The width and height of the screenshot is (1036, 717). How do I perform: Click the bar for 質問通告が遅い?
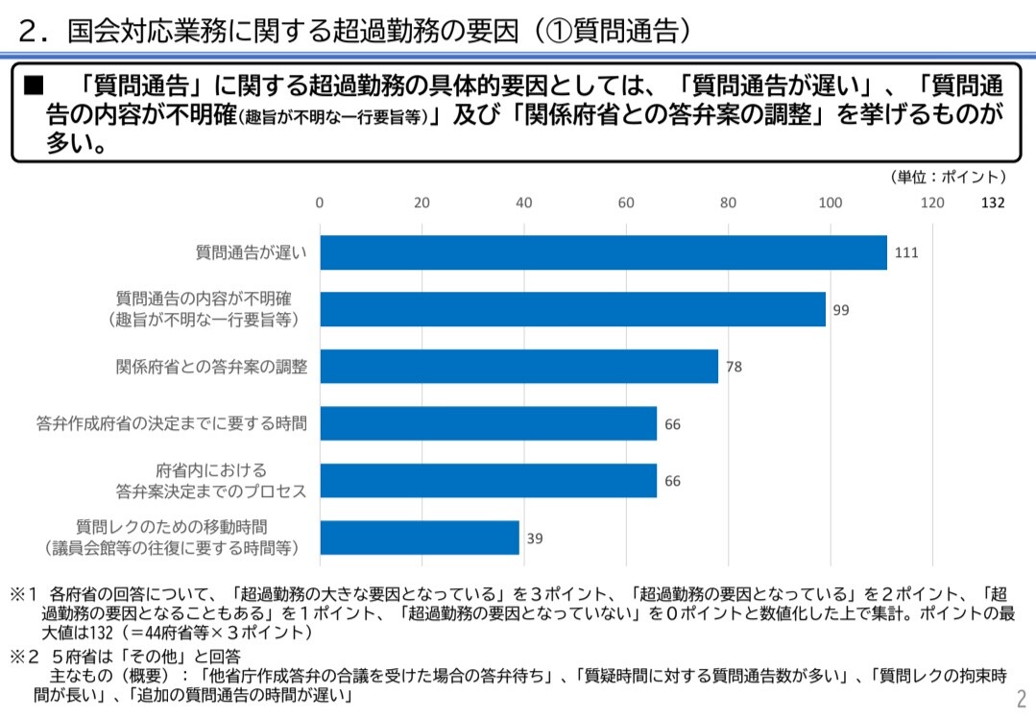tap(603, 252)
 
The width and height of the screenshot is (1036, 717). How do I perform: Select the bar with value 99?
tap(572, 309)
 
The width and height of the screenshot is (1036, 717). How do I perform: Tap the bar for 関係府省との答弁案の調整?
tap(518, 366)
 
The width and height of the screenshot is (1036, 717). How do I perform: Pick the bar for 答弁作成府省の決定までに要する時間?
tap(488, 422)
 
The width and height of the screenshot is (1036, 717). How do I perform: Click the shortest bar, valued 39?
tap(419, 538)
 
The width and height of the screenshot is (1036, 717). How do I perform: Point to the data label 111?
tap(907, 253)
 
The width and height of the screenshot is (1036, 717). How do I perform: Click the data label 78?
tap(734, 367)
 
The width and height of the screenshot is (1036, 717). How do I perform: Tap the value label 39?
tap(535, 538)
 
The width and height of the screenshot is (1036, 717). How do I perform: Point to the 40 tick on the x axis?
tap(523, 203)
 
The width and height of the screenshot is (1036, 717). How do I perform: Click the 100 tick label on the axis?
tap(830, 203)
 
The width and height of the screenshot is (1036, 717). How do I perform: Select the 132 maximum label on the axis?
tap(993, 203)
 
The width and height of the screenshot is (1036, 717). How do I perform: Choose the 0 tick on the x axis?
tap(320, 203)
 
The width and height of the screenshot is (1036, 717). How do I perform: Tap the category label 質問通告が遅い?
tap(252, 253)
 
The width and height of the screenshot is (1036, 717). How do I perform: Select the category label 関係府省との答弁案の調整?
tap(211, 367)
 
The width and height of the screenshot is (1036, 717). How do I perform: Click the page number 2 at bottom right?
tap(1021, 698)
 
